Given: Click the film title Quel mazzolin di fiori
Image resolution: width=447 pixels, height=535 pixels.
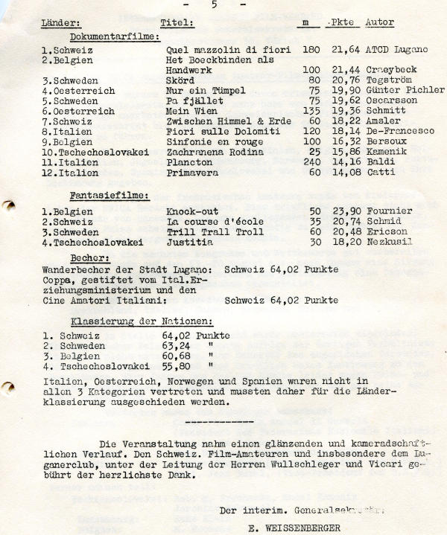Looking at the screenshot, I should [x=215, y=50].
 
